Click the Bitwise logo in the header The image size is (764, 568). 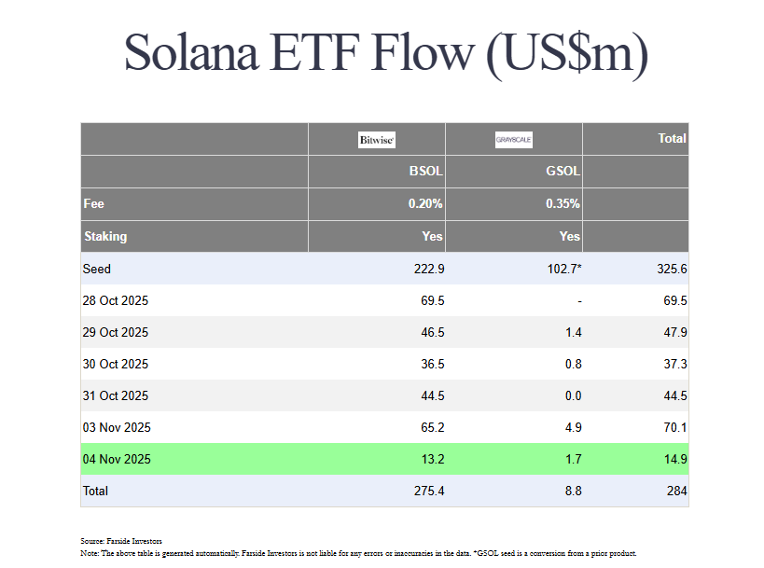(x=377, y=140)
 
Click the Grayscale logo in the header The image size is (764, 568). (x=514, y=140)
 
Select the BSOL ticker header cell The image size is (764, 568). (x=425, y=172)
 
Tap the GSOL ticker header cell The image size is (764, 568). (x=563, y=172)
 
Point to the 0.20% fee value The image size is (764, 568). (x=425, y=203)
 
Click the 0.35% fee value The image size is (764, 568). (x=563, y=203)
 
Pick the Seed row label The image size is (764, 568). (x=97, y=269)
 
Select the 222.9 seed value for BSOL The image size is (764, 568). (x=425, y=269)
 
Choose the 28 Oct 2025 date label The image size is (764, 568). (x=116, y=301)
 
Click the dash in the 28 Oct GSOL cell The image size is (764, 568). (x=578, y=301)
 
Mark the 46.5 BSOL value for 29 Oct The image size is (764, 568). (x=429, y=333)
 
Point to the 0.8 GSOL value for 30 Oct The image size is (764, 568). (x=573, y=365)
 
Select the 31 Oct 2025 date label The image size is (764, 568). (x=116, y=395)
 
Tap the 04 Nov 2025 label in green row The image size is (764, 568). (x=117, y=459)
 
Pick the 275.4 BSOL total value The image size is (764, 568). (x=425, y=491)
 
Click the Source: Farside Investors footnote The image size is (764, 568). (x=121, y=541)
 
